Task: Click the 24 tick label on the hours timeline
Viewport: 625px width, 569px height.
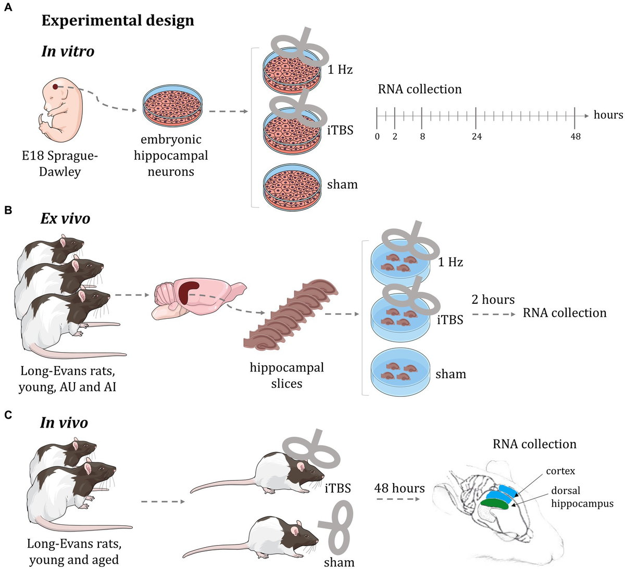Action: tap(477, 137)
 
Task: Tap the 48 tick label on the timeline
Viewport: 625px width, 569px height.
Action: tap(575, 137)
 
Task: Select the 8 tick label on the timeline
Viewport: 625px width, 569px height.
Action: tap(422, 137)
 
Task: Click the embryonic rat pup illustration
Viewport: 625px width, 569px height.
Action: tap(60, 104)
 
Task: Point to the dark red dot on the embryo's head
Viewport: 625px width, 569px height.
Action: tap(55, 86)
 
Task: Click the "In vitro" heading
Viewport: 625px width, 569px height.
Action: tap(68, 51)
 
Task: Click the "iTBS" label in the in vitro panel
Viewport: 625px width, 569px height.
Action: tap(340, 131)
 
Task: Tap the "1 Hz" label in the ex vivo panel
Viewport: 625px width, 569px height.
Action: tap(451, 262)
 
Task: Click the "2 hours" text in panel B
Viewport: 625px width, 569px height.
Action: tap(493, 300)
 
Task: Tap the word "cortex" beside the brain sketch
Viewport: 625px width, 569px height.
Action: tap(560, 471)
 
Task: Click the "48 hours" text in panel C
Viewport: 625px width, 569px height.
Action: tap(399, 488)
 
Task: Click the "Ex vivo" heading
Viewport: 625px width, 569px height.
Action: tap(65, 219)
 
